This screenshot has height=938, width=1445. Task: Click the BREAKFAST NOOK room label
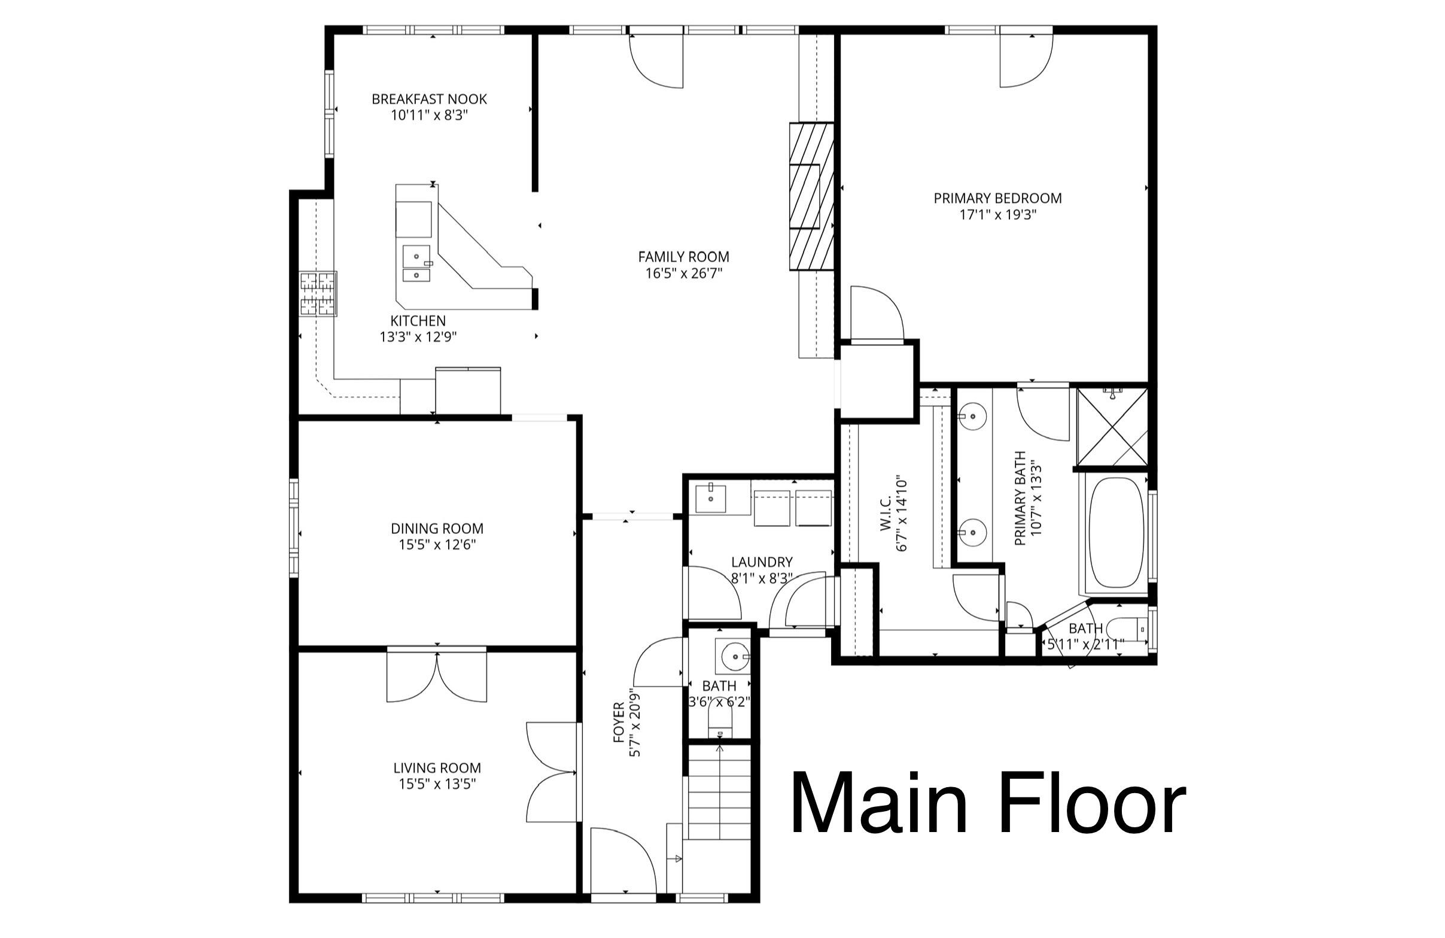pos(428,99)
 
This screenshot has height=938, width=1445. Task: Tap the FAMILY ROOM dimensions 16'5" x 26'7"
pos(683,274)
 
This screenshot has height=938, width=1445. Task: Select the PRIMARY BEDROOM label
pos(997,198)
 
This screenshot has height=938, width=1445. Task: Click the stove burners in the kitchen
pos(318,294)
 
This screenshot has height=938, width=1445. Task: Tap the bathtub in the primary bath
pos(1116,533)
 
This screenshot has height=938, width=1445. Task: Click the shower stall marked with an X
pos(1112,427)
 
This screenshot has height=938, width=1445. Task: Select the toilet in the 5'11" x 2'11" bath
pos(1127,629)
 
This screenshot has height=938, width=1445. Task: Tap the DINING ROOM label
pos(437,529)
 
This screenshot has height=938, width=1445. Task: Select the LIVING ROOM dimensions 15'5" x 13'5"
pos(437,784)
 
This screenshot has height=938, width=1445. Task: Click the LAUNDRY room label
pos(761,562)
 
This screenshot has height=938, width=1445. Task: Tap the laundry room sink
pos(711,499)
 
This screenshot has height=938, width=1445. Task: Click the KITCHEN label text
pos(418,321)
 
